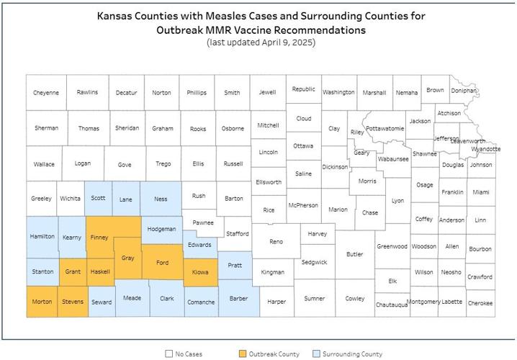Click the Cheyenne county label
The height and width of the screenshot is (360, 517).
(x=46, y=93)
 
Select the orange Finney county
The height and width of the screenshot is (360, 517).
(x=99, y=235)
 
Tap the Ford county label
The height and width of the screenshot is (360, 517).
(x=162, y=263)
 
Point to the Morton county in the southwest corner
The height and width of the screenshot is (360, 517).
(x=42, y=302)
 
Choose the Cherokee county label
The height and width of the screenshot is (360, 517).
(x=480, y=303)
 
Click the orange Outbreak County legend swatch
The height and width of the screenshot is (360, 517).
(x=242, y=354)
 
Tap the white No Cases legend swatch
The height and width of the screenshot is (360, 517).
(x=169, y=354)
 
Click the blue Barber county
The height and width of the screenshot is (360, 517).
(x=238, y=299)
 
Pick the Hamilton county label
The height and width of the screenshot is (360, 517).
(x=42, y=236)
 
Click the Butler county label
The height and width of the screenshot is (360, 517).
(x=355, y=253)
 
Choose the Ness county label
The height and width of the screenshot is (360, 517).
(x=161, y=199)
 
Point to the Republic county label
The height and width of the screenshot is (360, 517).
(x=303, y=89)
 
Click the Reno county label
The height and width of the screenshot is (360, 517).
(x=276, y=242)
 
